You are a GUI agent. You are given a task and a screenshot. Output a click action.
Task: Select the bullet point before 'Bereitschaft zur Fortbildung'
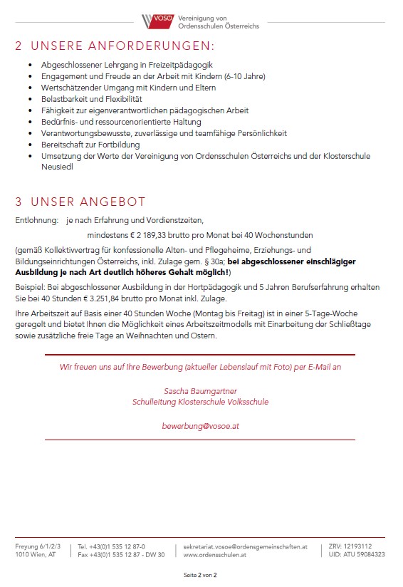click(30, 145)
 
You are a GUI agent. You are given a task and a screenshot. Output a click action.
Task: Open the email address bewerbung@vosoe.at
click(200, 426)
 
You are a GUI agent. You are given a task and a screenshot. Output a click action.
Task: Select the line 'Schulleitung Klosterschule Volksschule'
click(200, 402)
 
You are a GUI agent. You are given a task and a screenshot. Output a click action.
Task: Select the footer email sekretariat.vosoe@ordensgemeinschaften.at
click(245, 546)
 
